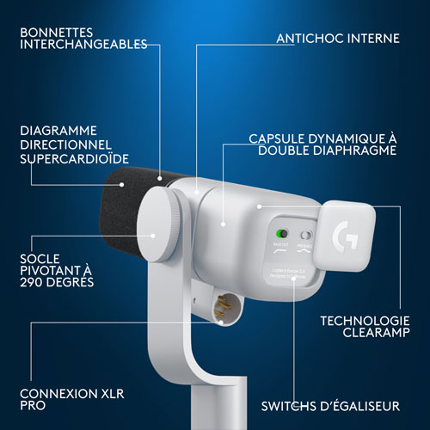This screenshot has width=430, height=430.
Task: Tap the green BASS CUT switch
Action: click(x=280, y=234)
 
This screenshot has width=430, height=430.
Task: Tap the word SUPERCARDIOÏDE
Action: click(x=73, y=159)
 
